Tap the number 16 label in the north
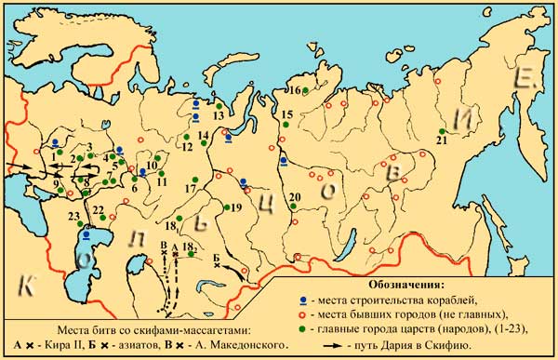292,90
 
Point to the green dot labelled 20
293,207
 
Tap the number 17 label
190,189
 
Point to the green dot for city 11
161,173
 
